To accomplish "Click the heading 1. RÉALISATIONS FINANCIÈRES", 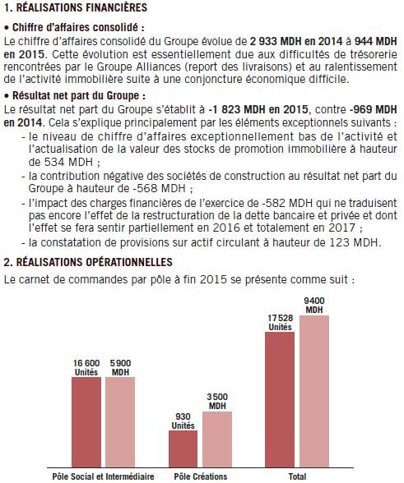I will coord(76,8).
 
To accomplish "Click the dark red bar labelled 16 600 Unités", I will coord(86,422).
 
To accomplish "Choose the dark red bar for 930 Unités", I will coord(183,448).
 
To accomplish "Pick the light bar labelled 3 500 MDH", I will coord(217,439).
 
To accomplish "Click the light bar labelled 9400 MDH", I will coord(313,391).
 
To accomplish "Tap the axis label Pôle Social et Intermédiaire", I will coord(103,476).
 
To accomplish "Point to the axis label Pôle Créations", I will coord(200,476).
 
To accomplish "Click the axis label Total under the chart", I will coord(297,476).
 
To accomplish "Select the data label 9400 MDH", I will coord(313,304).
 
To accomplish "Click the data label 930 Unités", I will coord(183,421).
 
